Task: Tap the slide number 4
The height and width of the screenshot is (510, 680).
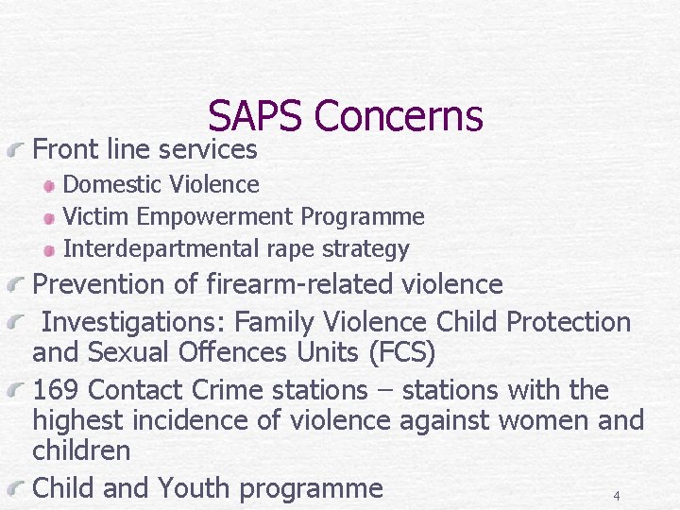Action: coord(616,496)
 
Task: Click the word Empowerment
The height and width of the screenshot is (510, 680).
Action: coord(215,217)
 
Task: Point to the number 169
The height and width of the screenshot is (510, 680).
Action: coord(58,389)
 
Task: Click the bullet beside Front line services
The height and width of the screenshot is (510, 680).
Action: coord(19,149)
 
